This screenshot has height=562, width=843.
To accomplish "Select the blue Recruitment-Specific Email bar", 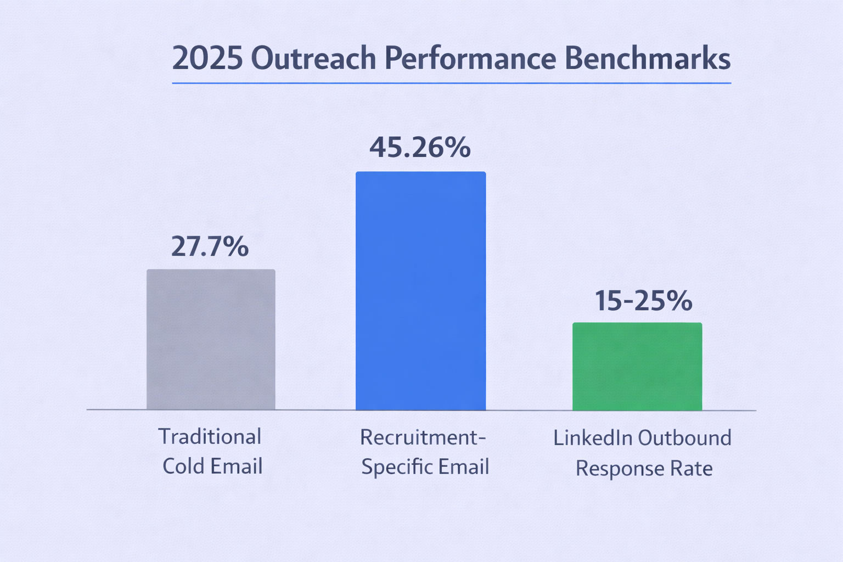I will click(420, 291).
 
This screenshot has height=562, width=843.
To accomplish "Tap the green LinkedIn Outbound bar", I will click(637, 366).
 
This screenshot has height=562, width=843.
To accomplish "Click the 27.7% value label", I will click(210, 246).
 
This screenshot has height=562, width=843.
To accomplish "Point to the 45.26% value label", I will click(420, 147).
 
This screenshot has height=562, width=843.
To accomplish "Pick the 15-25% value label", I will click(643, 300).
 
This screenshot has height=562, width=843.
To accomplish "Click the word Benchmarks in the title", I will click(647, 59).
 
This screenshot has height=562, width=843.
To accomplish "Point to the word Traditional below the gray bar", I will click(210, 437).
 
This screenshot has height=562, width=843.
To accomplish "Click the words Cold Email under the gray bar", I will click(212, 467).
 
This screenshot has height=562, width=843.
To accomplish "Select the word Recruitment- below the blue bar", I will click(423, 437).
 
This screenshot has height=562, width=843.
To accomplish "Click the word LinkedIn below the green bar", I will click(593, 438).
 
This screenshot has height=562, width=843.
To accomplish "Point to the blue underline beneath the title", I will click(451, 83).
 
